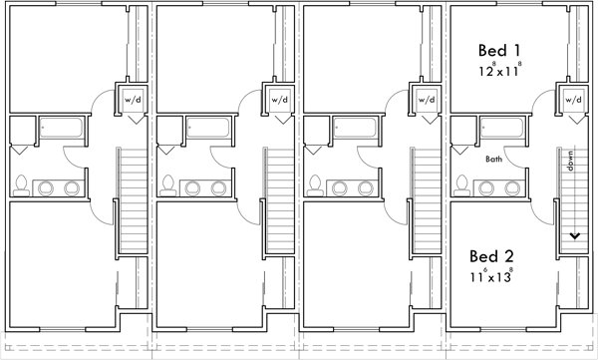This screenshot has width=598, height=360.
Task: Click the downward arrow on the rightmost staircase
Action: tap(574, 235)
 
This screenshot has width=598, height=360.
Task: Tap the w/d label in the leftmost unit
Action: tap(132, 100)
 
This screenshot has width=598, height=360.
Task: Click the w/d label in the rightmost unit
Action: tap(573, 100)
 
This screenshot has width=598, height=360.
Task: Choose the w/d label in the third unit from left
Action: tap(427, 100)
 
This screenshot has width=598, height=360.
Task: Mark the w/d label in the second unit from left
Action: tap(279, 100)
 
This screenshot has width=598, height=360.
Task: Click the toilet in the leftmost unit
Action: tap(20, 184)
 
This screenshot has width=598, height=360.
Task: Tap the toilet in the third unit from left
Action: tap(315, 184)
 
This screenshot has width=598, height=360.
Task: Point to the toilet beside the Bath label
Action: tap(461, 184)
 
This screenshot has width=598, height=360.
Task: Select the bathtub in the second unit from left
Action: tap(210, 129)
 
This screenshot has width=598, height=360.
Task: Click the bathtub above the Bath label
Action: tap(504, 129)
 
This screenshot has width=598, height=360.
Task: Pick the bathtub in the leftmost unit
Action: tap(63, 129)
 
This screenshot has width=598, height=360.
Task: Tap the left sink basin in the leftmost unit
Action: tap(46, 186)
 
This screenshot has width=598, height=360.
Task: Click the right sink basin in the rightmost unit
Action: tap(514, 186)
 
